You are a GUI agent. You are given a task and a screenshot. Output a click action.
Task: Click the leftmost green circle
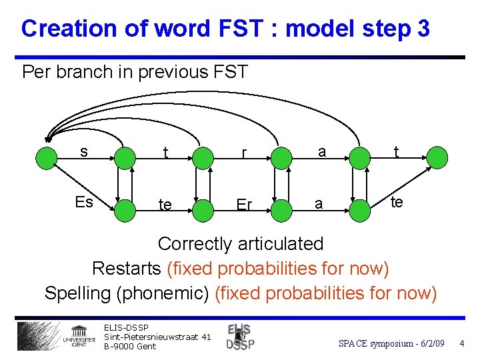click(x=47, y=158)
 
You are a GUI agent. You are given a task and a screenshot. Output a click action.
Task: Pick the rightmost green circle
click(x=437, y=158)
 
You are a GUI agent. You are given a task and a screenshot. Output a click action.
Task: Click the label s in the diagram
click(x=83, y=151)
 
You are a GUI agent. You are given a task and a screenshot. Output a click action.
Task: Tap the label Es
click(x=83, y=202)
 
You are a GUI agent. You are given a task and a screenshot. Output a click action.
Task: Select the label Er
click(x=244, y=205)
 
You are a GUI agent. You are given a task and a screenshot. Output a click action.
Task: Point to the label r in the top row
click(x=245, y=154)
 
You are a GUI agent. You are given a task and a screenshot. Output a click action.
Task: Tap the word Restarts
click(x=127, y=269)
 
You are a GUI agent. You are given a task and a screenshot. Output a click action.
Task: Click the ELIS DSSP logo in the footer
click(x=240, y=337)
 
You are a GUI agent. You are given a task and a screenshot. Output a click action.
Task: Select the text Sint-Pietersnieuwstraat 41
click(x=157, y=337)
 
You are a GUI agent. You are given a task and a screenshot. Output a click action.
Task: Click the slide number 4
click(x=461, y=343)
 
